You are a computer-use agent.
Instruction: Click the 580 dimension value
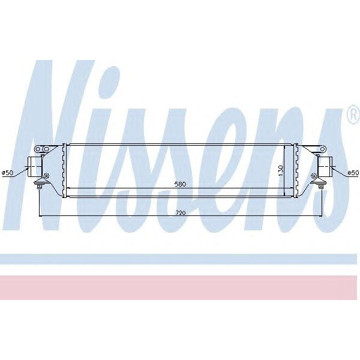point(180,184)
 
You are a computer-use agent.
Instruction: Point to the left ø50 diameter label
point(7,173)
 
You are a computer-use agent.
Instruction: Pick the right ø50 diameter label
point(353,173)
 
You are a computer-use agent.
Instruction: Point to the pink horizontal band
point(180,287)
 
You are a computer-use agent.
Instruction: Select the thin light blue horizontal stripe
point(180,259)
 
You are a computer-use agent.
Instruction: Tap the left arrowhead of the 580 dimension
point(68,188)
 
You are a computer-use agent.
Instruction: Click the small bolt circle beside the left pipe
point(47,175)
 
